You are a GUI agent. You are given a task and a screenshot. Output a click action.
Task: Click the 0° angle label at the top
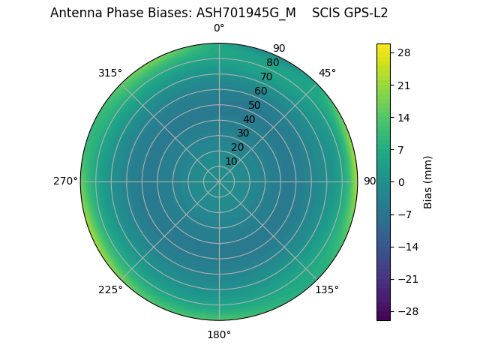[x=219, y=28]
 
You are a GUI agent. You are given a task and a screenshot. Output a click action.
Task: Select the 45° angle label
[x=327, y=73]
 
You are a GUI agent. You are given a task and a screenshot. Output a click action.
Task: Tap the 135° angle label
[x=326, y=289]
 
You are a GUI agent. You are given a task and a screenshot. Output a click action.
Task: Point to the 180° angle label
[x=219, y=334]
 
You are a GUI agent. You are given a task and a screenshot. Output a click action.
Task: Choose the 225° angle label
[x=110, y=289]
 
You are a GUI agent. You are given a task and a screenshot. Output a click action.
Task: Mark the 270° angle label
[x=65, y=181]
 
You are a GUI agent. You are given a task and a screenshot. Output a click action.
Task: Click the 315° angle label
[x=110, y=73]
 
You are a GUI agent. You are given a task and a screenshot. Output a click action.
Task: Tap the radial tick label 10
[x=231, y=161]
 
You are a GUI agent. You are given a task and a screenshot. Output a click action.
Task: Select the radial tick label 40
[x=249, y=119]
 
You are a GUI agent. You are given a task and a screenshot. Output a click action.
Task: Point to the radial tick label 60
[x=260, y=91]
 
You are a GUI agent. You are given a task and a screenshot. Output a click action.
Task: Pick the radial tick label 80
[x=272, y=62]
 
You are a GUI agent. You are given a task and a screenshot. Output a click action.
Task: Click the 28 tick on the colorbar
[x=404, y=52]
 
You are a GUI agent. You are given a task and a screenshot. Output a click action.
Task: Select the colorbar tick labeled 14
[x=404, y=117]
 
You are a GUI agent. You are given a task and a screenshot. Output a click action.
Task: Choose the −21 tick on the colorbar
[x=407, y=279]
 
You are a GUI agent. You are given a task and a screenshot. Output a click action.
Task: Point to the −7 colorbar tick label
[x=404, y=214]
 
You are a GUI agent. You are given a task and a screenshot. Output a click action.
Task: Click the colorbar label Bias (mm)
[x=428, y=182]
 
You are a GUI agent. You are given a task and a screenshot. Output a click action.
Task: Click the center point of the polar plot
[x=219, y=181]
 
